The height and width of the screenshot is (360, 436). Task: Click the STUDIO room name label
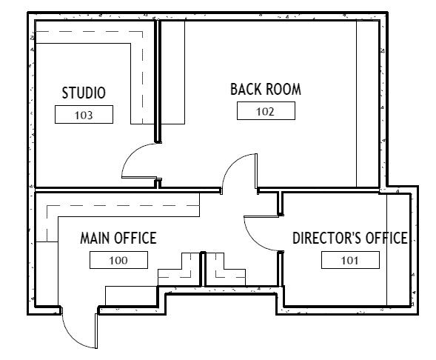pos(84,93)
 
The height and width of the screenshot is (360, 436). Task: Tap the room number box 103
pos(84,114)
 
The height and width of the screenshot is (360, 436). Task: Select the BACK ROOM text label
pos(266,90)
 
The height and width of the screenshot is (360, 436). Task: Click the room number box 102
pos(266,110)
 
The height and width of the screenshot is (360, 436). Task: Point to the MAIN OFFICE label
pos(118,238)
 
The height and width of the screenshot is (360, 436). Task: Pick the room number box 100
pos(118,260)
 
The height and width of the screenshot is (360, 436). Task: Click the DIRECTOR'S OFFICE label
pos(350,238)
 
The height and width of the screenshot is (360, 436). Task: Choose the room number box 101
pos(350,260)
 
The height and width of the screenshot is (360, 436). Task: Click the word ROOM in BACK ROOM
pos(284,90)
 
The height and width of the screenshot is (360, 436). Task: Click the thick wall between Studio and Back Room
pos(158,81)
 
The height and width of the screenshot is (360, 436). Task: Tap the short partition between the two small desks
pos(203,269)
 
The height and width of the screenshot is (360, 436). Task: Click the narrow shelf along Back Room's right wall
pos(368,104)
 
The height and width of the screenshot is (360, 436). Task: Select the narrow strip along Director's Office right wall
pos(399,250)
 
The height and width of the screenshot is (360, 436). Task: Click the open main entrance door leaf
pos(96,331)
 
